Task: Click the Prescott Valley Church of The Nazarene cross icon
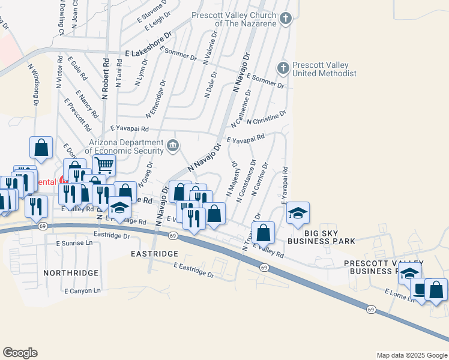pos(286,18)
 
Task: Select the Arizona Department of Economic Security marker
pos(173,145)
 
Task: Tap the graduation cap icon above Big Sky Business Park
pos(297,213)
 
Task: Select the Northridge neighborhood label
pos(71,273)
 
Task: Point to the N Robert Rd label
pos(105,79)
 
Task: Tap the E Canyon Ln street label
pos(83,291)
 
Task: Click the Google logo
pos(20,353)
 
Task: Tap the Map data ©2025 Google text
pos(411,355)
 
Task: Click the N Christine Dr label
pos(267,117)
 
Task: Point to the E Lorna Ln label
pos(400,295)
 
